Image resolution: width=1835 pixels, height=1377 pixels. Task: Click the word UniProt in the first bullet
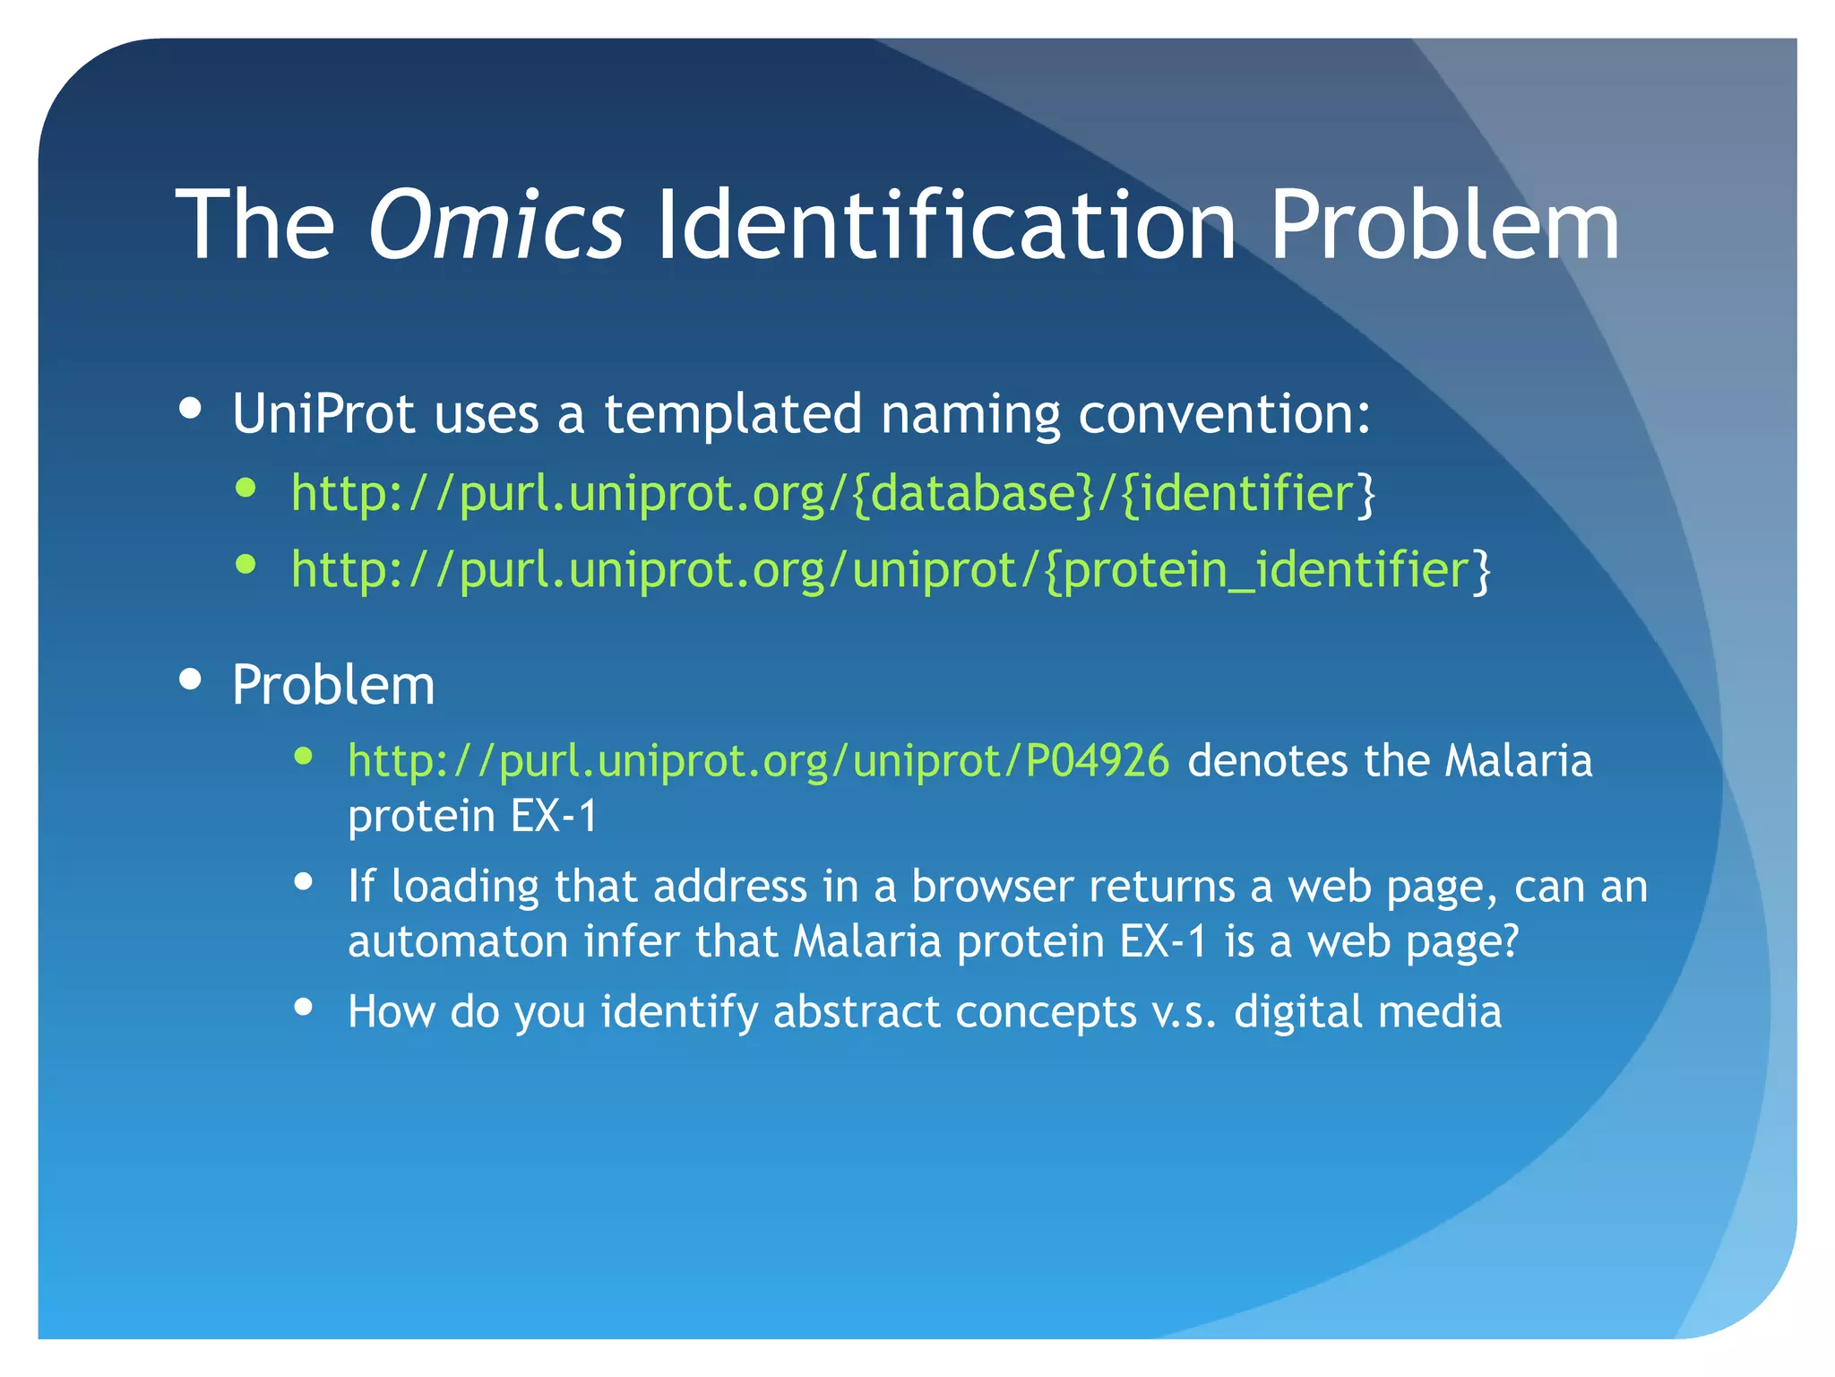tap(323, 414)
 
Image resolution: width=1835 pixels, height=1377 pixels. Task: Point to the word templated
tap(733, 414)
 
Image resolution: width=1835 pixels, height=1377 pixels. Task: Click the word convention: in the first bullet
tap(1224, 414)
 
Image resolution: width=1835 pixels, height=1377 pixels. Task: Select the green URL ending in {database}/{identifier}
tap(832, 493)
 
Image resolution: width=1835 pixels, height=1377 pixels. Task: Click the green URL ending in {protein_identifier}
tap(891, 570)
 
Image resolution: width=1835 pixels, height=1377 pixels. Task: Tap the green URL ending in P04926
tap(758, 761)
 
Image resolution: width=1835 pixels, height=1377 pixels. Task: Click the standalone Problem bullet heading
tap(333, 686)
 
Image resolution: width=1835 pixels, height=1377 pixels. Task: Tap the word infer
tap(629, 941)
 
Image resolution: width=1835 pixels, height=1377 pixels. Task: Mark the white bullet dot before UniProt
tap(190, 409)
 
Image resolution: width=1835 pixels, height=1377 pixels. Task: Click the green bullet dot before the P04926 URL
tap(304, 757)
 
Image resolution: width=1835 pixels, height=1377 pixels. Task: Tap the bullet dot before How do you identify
tap(304, 1008)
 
